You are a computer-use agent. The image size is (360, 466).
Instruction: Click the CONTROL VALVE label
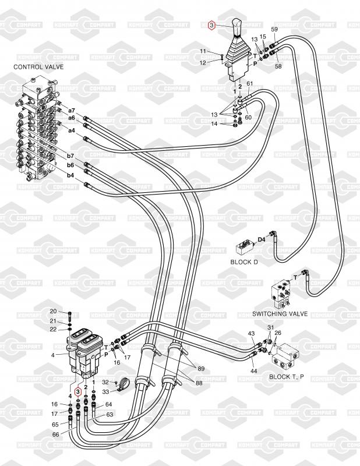tap(38, 67)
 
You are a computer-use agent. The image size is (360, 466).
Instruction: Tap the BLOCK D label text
tap(244, 262)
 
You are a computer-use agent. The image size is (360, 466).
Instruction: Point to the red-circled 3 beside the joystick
tap(213, 25)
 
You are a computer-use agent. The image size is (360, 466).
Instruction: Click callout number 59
tap(275, 29)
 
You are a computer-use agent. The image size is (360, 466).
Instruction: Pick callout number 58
tap(278, 67)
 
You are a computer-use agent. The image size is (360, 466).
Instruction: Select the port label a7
tap(72, 111)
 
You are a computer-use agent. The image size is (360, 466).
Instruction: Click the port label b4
tap(70, 175)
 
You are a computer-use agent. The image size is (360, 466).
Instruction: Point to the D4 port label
tap(262, 238)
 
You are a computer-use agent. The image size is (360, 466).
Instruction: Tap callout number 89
tap(200, 370)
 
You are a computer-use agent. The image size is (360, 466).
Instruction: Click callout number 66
tap(56, 434)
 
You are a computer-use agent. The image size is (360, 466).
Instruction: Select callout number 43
tap(252, 333)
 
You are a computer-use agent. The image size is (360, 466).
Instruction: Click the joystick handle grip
tap(237, 29)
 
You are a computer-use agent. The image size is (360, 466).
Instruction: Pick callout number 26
tap(278, 333)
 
